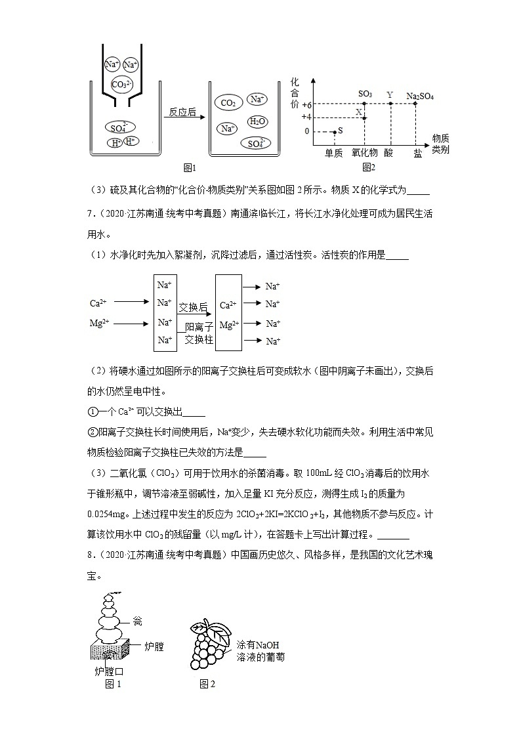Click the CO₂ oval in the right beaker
click(x=228, y=103)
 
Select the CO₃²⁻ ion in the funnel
click(x=122, y=85)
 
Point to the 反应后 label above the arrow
click(x=182, y=112)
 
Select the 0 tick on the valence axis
click(x=306, y=131)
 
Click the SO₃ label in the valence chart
click(x=365, y=95)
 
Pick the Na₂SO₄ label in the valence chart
click(x=420, y=96)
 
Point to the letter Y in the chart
click(x=390, y=95)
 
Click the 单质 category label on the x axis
click(x=334, y=152)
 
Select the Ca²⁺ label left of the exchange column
click(x=98, y=303)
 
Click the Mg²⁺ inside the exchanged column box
click(x=228, y=325)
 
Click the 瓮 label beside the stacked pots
click(x=137, y=621)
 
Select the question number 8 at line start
click(x=91, y=556)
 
